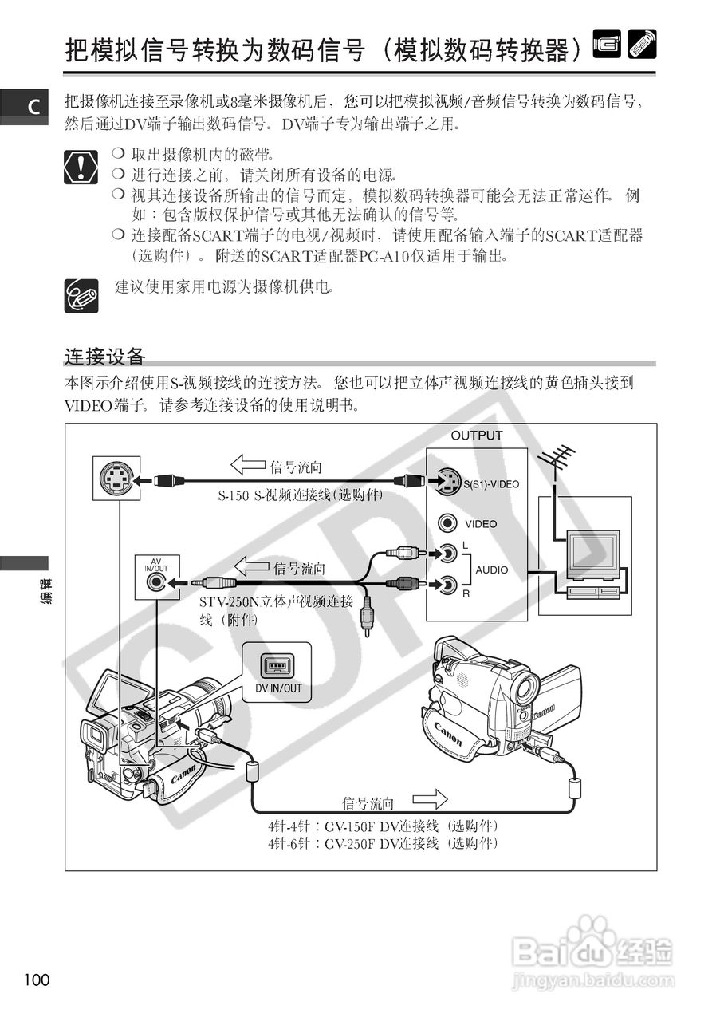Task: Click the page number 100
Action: point(37,980)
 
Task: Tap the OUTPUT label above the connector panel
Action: point(477,436)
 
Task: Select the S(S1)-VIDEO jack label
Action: point(491,484)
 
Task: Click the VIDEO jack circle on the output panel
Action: point(448,523)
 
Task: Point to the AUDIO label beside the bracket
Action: point(492,570)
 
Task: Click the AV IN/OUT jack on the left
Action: point(156,582)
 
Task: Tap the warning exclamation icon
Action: point(81,166)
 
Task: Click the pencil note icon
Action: point(81,295)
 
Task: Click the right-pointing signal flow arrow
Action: point(430,798)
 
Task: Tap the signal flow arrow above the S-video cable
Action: point(247,464)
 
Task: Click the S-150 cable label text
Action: point(300,495)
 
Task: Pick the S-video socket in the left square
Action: point(116,480)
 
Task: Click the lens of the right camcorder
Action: point(525,688)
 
